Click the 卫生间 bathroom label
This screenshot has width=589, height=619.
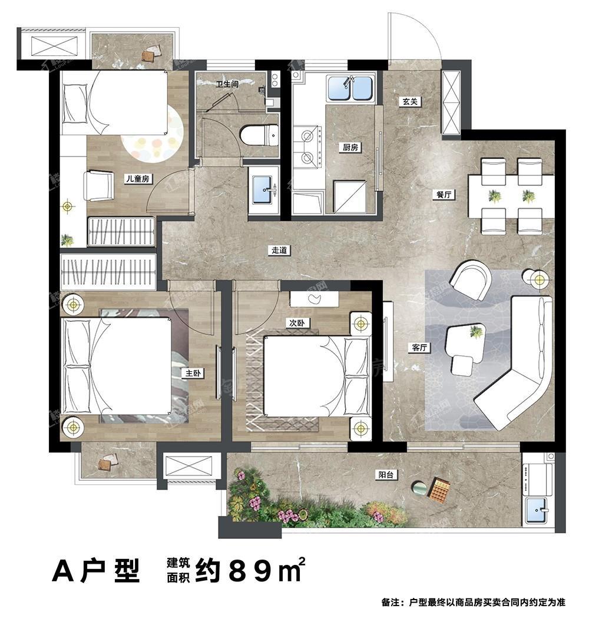(227, 84)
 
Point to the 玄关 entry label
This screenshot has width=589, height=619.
(411, 101)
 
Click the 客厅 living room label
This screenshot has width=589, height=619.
(419, 348)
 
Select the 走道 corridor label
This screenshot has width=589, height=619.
(279, 250)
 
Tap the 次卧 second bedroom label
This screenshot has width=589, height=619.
(296, 323)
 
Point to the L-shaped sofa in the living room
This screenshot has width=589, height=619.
(518, 365)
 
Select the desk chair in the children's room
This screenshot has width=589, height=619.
(98, 185)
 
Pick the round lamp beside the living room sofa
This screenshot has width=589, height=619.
(539, 279)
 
